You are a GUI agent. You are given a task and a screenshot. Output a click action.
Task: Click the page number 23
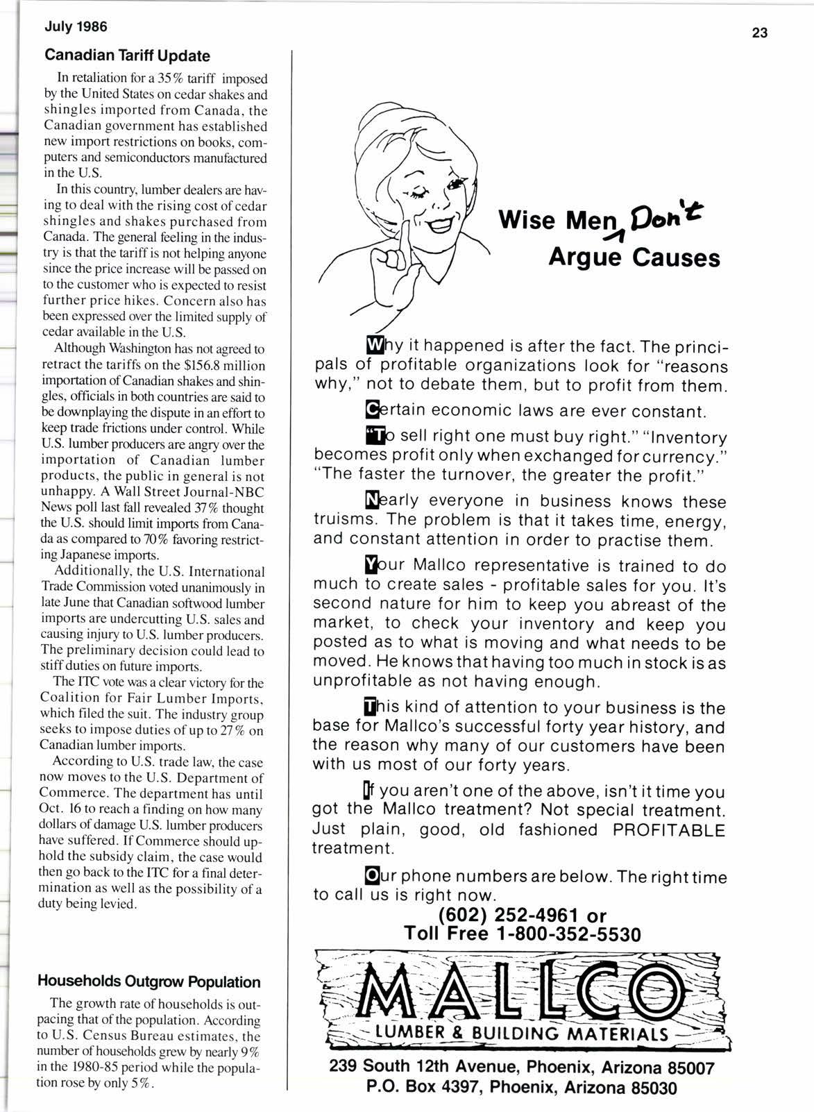point(759,33)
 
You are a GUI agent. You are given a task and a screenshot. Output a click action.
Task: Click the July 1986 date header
point(76,28)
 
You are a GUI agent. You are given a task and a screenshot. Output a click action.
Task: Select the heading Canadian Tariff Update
point(127,56)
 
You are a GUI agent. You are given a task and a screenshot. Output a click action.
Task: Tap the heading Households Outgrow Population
point(149,982)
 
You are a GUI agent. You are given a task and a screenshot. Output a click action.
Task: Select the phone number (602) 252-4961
point(509,916)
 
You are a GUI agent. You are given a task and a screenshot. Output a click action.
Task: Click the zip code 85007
point(685,1068)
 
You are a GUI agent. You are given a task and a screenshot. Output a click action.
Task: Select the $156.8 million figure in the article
point(222,365)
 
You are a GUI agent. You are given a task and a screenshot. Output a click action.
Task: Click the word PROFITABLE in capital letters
point(665,829)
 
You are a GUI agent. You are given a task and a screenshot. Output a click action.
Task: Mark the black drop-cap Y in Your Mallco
point(372,566)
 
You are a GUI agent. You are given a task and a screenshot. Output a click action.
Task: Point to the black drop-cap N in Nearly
point(372,500)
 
